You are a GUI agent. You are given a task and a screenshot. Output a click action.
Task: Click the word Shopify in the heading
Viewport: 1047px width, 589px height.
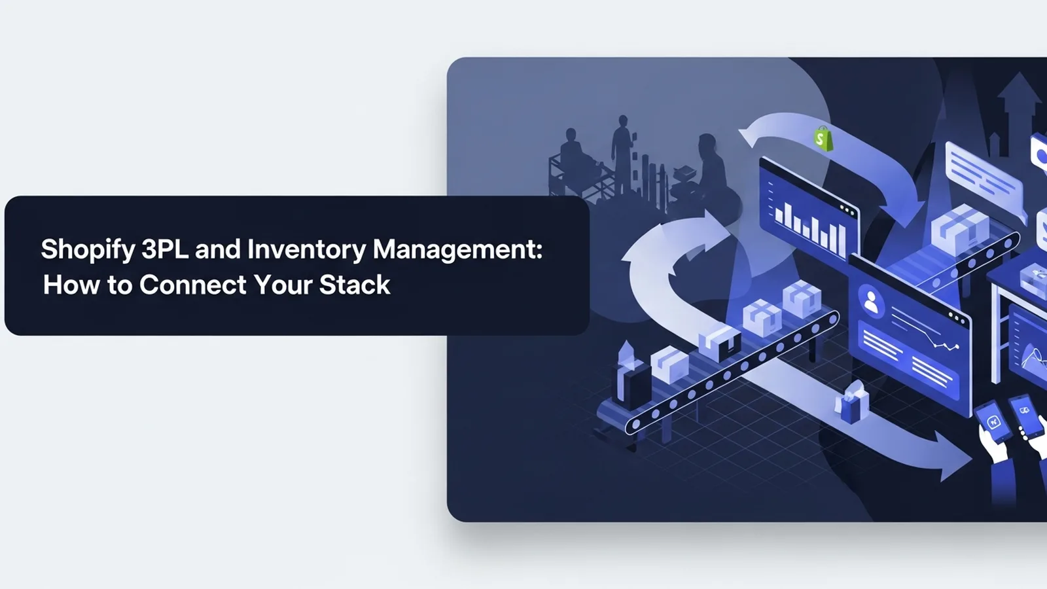[x=88, y=250]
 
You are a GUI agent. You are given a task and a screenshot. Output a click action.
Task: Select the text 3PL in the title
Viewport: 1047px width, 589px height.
[x=164, y=249]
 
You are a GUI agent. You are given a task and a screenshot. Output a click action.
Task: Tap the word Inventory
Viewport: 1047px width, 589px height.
[x=306, y=250]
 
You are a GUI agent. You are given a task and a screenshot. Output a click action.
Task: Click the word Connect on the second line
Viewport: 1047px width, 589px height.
[x=192, y=285]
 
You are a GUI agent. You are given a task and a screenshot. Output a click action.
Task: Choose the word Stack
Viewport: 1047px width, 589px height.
[x=355, y=285]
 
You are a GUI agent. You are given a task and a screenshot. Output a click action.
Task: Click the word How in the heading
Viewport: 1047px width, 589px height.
[x=71, y=285]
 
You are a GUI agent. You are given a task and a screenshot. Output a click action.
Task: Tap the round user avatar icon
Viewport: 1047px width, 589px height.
[x=871, y=302]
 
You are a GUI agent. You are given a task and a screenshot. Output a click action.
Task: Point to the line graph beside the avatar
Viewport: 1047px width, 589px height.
[x=925, y=331]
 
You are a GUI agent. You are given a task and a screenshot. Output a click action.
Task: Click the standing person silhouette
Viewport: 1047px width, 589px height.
[x=622, y=154]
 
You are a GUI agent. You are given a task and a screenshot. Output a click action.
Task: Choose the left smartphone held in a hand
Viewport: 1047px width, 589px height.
[x=993, y=422]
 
